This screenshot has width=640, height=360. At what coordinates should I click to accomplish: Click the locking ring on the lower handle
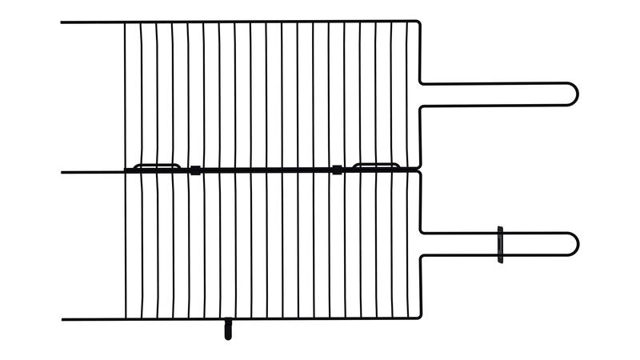coord(501,244)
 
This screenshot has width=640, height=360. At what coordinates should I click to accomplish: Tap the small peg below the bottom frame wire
coord(228,329)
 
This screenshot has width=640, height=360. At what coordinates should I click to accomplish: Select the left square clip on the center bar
coord(194,170)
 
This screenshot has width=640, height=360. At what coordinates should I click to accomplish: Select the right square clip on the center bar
coord(337,170)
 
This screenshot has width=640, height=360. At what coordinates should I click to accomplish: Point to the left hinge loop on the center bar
coord(157,166)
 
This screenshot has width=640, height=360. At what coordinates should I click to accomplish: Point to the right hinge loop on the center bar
coord(376,166)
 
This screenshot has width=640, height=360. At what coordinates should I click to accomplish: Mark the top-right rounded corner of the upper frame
coord(418,24)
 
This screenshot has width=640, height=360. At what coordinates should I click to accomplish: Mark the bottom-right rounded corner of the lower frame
coord(418,317)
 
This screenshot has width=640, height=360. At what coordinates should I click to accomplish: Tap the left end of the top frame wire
coord(62,22)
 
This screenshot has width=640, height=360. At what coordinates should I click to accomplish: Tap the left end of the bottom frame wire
coord(62,320)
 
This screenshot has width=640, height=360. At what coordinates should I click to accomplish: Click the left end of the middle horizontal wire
coord(62,171)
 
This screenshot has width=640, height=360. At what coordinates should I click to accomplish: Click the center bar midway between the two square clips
coord(266,170)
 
